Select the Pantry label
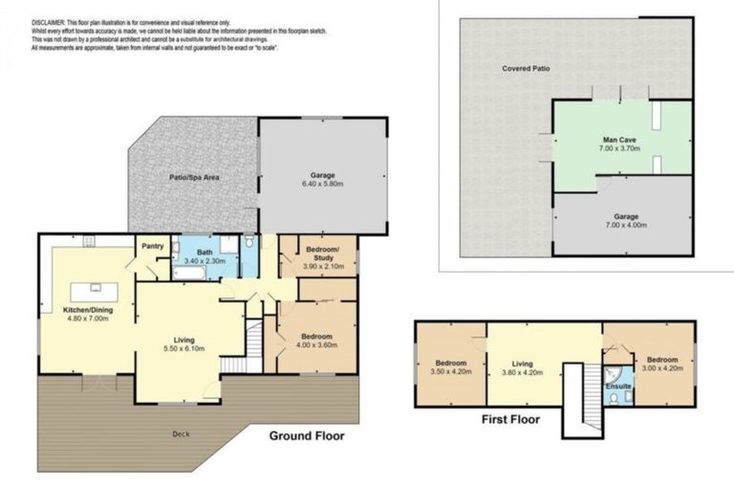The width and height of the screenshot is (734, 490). (153, 246)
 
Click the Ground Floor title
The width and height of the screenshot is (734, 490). (306, 435)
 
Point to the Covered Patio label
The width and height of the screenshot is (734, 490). (527, 69)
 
